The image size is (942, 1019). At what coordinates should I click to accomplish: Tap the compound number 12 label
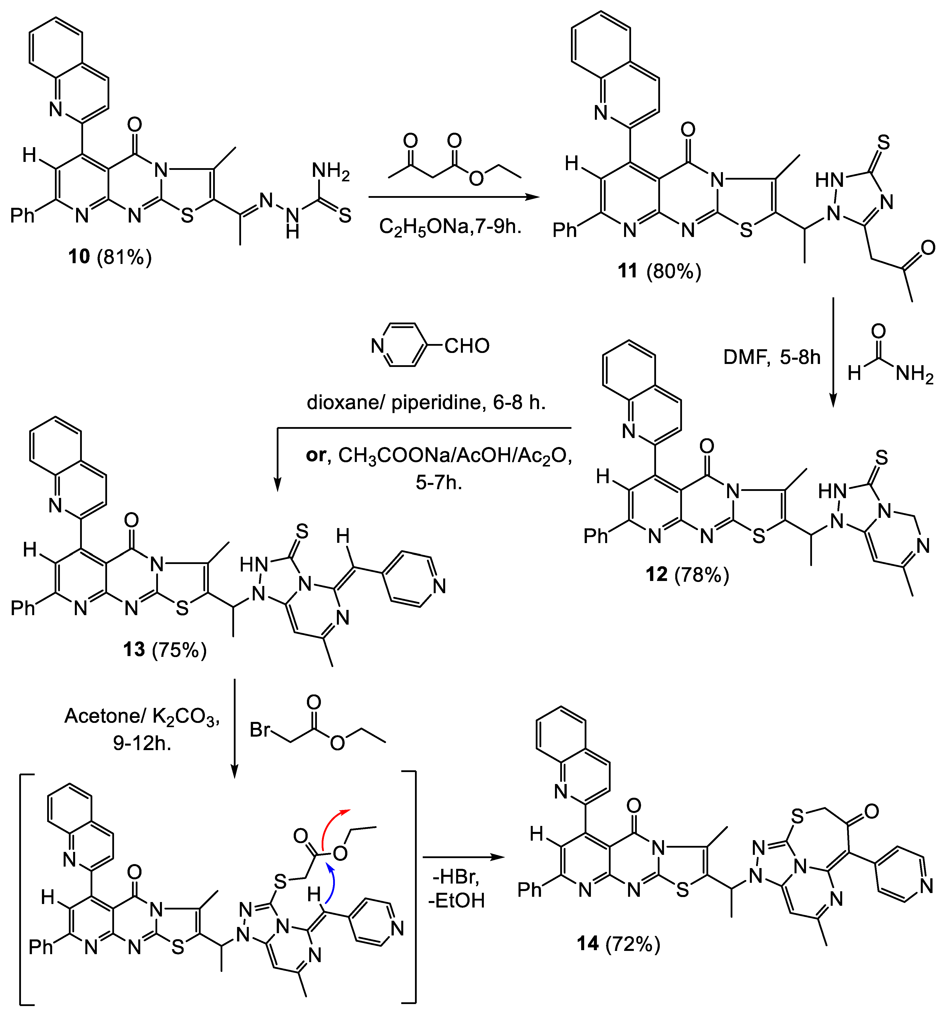657,574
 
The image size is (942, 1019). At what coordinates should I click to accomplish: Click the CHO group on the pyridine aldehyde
466,346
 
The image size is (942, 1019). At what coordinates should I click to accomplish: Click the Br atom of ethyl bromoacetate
260,730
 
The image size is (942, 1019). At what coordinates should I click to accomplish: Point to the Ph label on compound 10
22,216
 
